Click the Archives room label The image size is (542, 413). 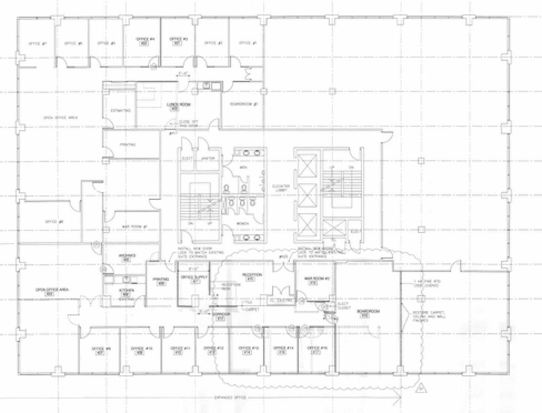tap(127, 256)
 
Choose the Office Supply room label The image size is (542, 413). tap(193, 277)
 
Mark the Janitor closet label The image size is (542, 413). tap(205, 158)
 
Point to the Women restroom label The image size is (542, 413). tap(243, 223)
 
